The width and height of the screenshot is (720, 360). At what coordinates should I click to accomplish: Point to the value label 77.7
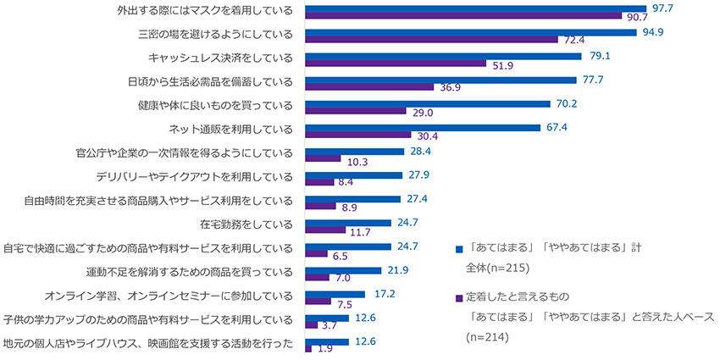click(591, 79)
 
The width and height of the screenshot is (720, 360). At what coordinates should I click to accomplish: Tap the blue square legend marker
click(458, 249)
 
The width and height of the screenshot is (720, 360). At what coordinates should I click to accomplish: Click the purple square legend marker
click(458, 298)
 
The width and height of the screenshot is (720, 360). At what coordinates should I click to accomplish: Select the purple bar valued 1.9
click(307, 347)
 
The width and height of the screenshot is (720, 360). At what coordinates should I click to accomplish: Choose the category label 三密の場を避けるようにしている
click(215, 36)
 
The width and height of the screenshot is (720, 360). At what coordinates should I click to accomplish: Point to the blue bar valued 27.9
click(353, 175)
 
